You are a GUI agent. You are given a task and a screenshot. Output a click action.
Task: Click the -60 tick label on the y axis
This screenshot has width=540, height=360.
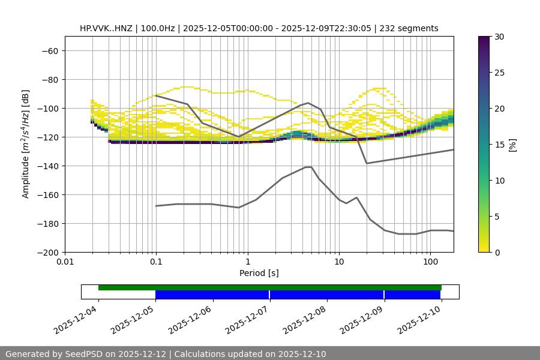coord(49,51)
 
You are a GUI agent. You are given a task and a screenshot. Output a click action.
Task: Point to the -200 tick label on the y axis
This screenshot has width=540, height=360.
coord(47,253)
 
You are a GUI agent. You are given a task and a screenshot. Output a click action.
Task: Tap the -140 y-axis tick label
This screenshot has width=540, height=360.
coord(47,166)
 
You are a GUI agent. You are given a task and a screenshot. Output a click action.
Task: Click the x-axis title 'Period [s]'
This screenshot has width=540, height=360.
coord(259,273)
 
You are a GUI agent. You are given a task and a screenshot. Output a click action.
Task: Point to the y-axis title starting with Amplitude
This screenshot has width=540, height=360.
coord(26,145)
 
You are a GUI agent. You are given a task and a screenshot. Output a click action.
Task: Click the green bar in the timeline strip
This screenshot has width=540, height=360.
coord(270,287)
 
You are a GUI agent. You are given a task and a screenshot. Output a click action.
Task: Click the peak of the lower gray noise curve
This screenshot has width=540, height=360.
coord(308,167)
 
